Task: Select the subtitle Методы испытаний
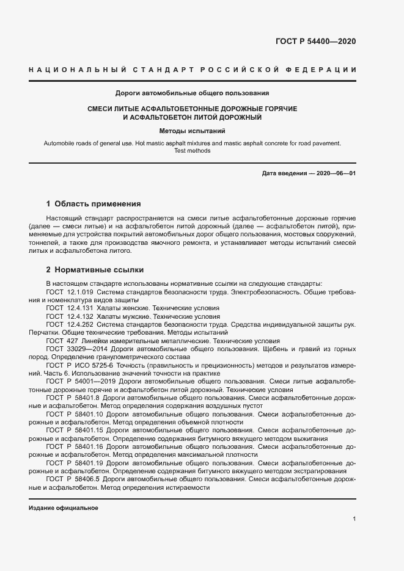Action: [193, 131]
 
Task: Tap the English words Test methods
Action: [193, 151]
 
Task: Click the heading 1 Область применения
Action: [94, 203]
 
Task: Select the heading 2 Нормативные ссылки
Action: [95, 269]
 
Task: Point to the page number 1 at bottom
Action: [354, 519]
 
